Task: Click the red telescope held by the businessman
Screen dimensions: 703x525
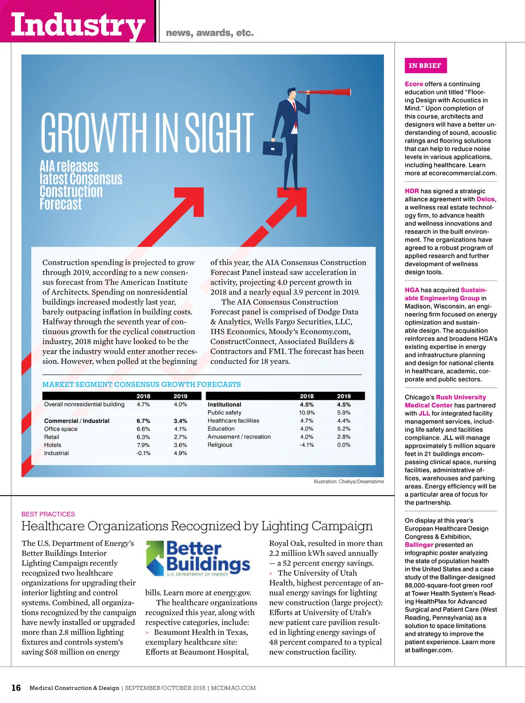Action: coord(325,92)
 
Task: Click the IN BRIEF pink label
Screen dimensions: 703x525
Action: coord(425,66)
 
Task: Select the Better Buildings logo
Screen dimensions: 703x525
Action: coord(198,558)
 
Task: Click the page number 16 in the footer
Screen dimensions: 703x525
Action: coord(16,688)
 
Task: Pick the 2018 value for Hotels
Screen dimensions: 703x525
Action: coord(143,445)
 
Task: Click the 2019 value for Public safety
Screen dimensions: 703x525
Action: coord(344,413)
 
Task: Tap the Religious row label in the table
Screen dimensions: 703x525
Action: coord(220,445)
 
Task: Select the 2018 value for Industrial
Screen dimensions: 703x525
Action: coord(143,453)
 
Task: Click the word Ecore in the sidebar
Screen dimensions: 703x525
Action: coord(414,84)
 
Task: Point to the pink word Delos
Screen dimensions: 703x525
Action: coord(486,199)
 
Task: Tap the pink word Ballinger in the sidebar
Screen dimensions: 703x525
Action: coord(419,545)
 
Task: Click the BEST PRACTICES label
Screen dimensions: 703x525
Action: coord(48,514)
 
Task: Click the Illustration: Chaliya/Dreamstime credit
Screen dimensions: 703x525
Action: coord(349,482)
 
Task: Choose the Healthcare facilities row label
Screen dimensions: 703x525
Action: coord(233,421)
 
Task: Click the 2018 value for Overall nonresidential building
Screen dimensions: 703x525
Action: coord(143,404)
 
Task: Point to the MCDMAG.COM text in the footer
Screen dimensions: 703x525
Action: coord(233,688)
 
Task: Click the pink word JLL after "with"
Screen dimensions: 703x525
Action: coord(424,413)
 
